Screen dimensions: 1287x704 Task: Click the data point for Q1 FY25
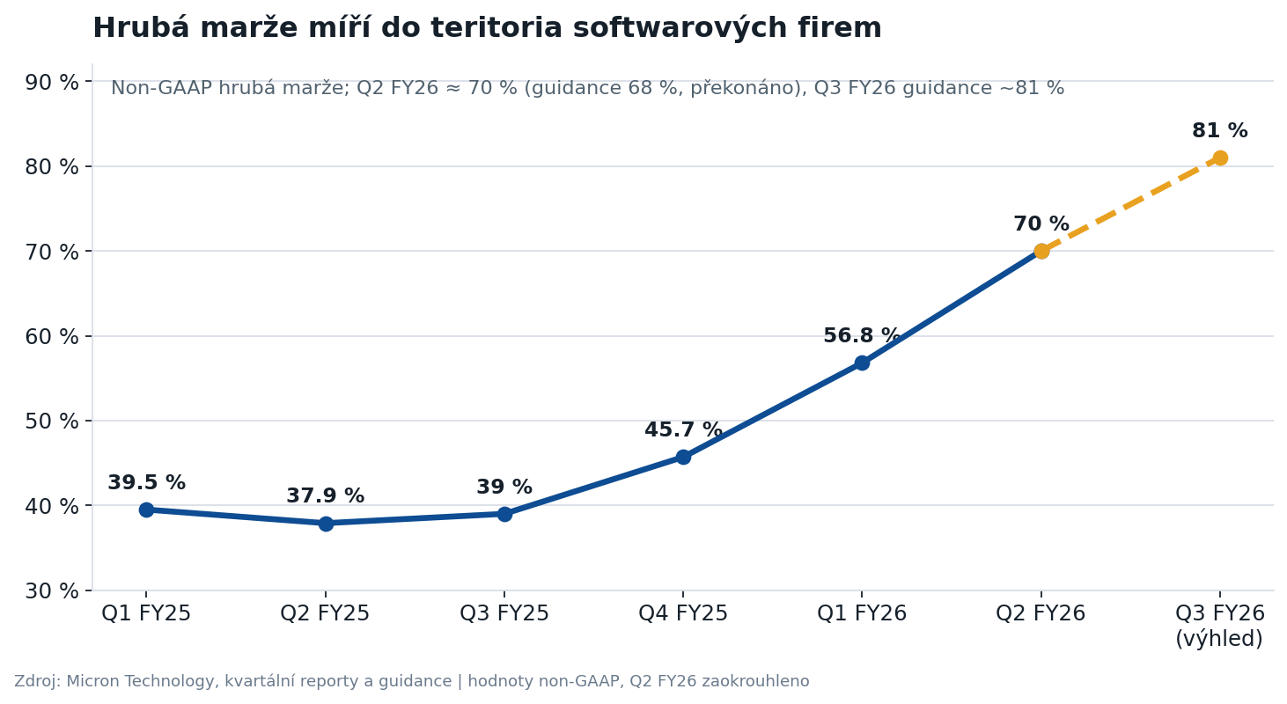coord(146,510)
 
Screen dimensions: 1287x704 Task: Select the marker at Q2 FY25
coord(326,523)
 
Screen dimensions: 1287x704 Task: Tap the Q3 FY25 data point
coord(504,514)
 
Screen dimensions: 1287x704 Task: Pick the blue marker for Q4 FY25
coord(683,457)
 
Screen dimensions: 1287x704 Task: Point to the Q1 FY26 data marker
coord(862,363)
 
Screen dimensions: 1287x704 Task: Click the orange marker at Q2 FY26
coord(1041,251)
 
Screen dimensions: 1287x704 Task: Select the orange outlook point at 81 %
coord(1220,158)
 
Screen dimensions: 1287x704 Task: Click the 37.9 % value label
coord(325,495)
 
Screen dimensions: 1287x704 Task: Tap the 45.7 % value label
coord(683,429)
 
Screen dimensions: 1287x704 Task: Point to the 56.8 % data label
coord(862,335)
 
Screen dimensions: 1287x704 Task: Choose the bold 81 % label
coord(1220,130)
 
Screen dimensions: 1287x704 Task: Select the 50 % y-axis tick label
coord(52,421)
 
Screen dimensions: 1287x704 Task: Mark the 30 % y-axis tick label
coord(52,590)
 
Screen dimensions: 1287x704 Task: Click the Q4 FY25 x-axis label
coord(683,613)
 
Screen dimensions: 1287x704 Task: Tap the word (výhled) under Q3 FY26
coord(1219,639)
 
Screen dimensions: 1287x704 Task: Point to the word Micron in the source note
coord(92,681)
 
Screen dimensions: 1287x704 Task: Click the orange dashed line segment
coord(1130,204)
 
